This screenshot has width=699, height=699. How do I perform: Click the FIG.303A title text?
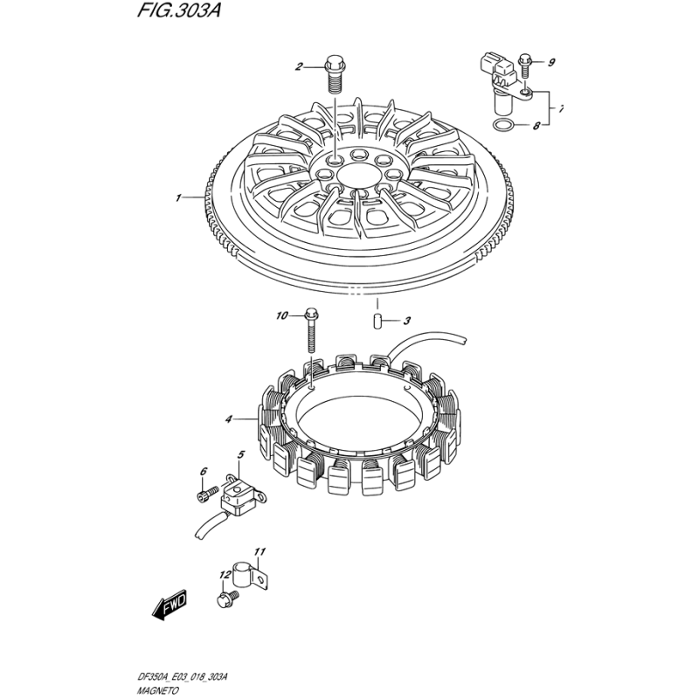[178, 10]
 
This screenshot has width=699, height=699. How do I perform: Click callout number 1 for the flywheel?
[178, 198]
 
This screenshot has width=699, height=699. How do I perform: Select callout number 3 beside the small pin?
[406, 321]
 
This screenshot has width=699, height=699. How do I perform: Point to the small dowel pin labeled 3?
[377, 321]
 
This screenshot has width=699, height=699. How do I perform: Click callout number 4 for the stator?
[229, 419]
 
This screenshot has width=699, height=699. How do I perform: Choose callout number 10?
[281, 316]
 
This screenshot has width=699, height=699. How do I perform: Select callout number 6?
[204, 471]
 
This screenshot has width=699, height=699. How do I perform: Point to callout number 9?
[551, 62]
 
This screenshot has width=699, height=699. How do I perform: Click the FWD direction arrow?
[170, 606]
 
